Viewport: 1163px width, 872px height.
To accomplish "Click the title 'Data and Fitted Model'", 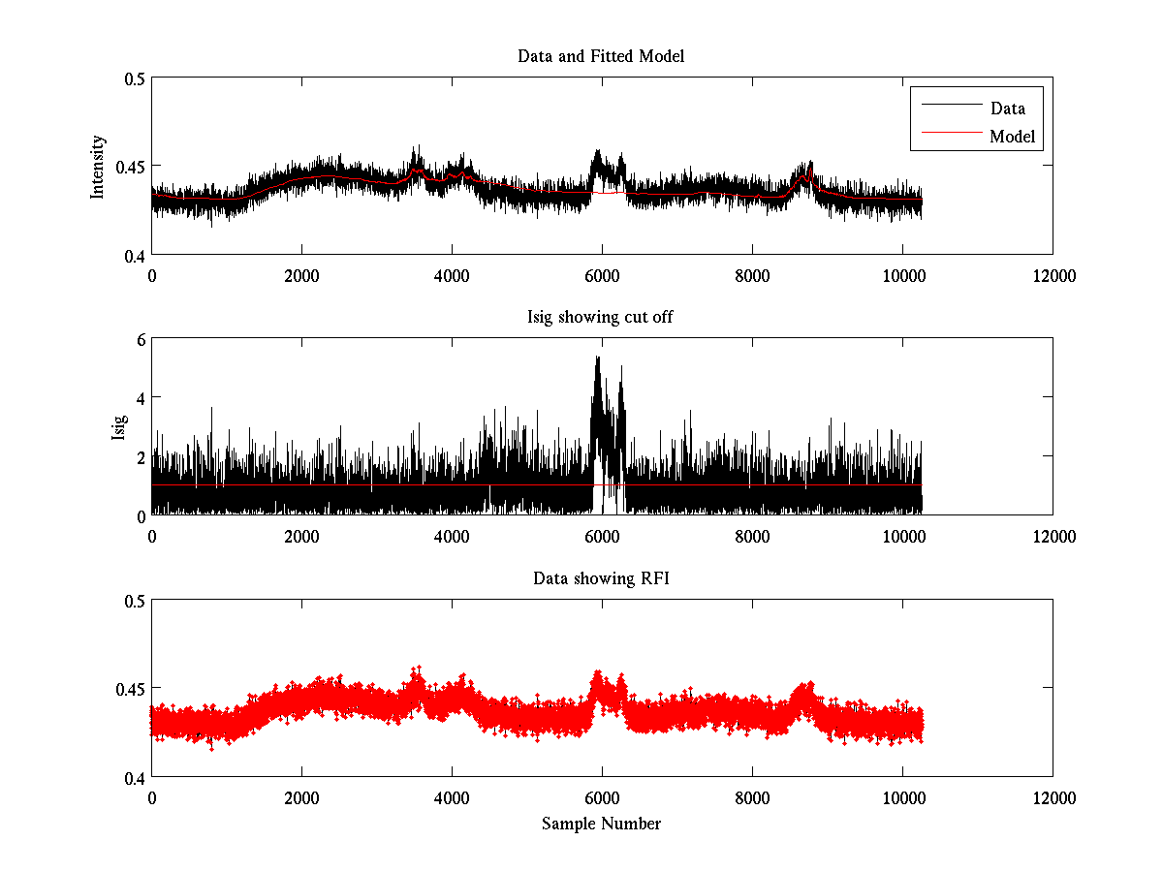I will click(x=601, y=56).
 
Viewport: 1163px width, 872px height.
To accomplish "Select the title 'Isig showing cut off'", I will click(x=601, y=318).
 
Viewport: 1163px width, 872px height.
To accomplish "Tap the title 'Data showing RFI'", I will click(x=601, y=578).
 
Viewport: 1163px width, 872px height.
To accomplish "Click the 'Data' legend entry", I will click(x=1007, y=109).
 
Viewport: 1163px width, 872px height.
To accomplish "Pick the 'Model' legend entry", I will click(x=1012, y=137).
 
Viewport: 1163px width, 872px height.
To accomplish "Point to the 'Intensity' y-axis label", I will click(x=98, y=167).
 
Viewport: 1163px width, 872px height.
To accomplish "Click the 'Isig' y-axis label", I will click(x=118, y=426).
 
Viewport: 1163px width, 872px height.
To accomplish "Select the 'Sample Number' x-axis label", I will click(x=601, y=825).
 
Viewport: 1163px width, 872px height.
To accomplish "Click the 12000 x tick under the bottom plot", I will click(x=1053, y=797).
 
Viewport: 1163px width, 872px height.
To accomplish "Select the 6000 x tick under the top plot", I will click(x=602, y=275).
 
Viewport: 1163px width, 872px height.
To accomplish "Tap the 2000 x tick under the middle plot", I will click(x=301, y=536).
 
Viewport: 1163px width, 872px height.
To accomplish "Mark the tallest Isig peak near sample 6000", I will click(x=597, y=358).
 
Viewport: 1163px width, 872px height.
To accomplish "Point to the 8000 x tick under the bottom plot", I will click(x=752, y=797).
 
